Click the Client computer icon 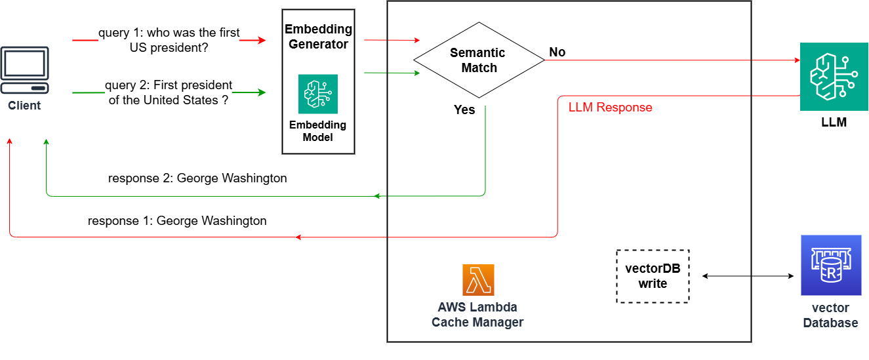pos(24,70)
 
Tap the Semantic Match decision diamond pos(479,60)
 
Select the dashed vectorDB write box pos(653,276)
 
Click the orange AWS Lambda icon pos(478,280)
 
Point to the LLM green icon pos(829,77)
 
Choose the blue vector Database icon pos(830,265)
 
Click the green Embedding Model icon pos(318,94)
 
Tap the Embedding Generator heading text pos(318,37)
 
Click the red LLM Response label pos(610,108)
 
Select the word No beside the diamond pos(557,52)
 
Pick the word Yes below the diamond pos(464,110)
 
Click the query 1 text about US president pos(169,40)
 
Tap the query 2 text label pos(169,92)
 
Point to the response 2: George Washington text pos(197,178)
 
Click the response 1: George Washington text pos(177,221)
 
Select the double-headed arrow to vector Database pos(748,276)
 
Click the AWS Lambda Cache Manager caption pos(477,315)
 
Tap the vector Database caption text pos(830,315)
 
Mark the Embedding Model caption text pos(318,131)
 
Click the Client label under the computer pos(24,106)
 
